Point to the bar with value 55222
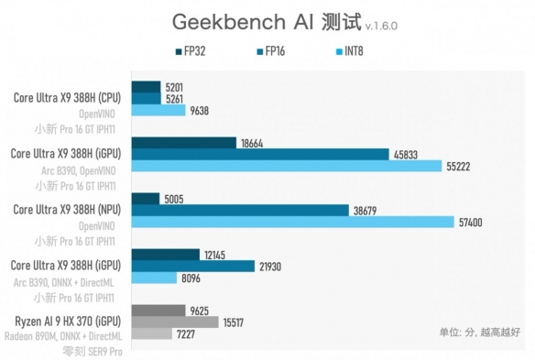[287, 168]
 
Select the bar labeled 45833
[260, 155]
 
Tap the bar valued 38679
[240, 210]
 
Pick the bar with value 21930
[193, 266]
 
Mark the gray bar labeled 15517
[175, 322]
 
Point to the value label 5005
[173, 196]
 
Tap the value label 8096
[193, 278]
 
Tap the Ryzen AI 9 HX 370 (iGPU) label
[66, 322]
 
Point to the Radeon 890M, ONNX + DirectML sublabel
[67, 336]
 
